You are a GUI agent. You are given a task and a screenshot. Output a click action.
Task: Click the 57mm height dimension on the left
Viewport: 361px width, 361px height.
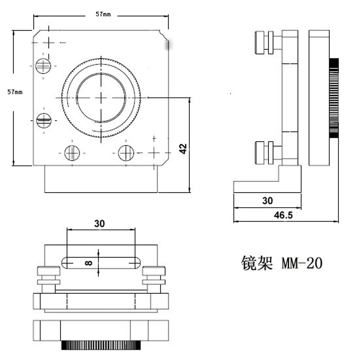(15, 92)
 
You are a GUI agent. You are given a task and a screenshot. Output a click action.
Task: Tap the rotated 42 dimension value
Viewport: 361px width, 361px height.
(183, 148)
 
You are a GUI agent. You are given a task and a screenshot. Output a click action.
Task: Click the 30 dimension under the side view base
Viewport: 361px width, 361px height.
(268, 200)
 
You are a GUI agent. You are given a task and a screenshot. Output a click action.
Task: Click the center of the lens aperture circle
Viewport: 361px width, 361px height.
(101, 97)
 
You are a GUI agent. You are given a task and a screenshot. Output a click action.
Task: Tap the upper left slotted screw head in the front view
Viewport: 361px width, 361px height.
(43, 66)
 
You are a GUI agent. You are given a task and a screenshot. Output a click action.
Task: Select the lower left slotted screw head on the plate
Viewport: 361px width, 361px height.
(44, 120)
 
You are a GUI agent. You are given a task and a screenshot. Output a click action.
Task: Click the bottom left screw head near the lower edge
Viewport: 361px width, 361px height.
(72, 153)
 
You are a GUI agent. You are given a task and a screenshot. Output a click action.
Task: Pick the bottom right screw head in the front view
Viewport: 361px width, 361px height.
(126, 153)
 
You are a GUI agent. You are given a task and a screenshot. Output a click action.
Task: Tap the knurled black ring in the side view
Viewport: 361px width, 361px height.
(334, 98)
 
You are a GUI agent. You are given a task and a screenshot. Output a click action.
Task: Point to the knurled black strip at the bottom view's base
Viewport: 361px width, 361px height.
(101, 345)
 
